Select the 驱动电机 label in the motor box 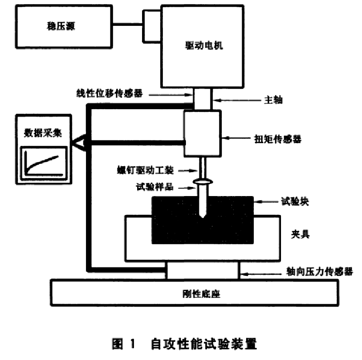coord(204,47)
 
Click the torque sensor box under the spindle coord(202,132)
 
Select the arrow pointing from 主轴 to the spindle coord(222,100)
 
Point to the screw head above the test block coord(202,182)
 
